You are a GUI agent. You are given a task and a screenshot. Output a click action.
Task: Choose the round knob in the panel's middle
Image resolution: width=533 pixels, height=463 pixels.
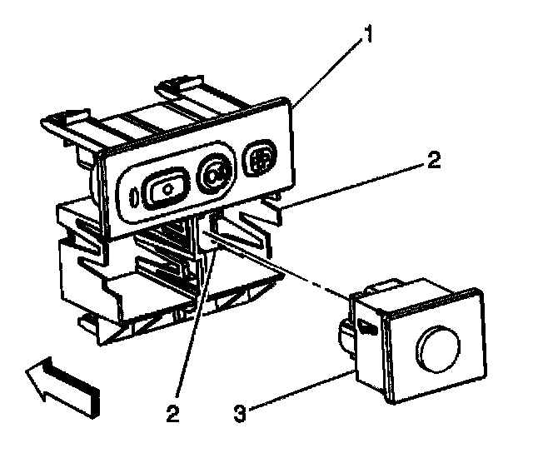click(x=216, y=174)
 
